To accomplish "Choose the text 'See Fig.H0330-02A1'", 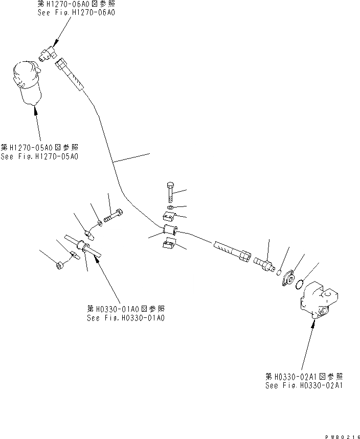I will point(304,385).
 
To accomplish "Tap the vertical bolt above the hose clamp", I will point(170,191).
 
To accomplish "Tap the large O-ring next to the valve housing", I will point(302,283).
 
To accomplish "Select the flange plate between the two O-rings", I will point(289,277).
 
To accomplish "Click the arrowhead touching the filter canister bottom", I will point(35,106).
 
